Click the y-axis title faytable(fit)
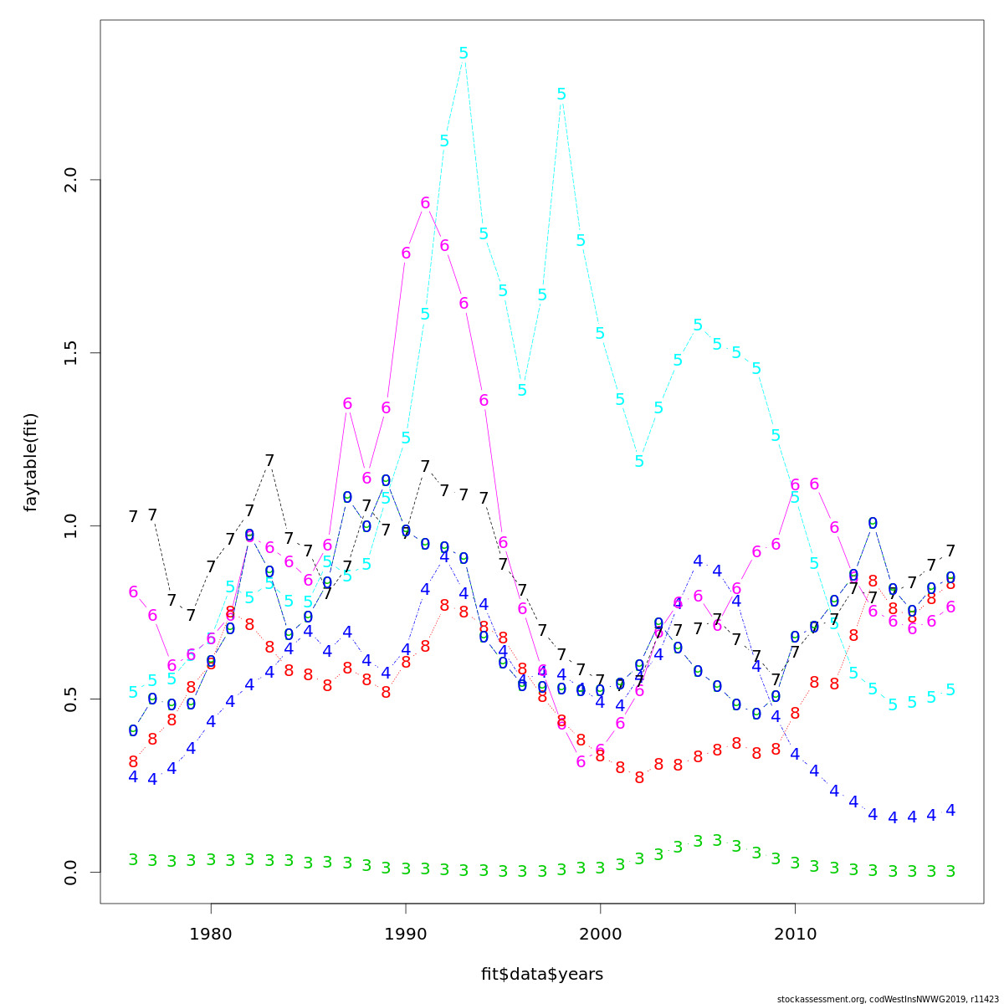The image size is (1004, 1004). (x=31, y=462)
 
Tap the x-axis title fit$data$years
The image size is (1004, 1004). (x=541, y=974)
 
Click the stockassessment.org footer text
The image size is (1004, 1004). (x=888, y=999)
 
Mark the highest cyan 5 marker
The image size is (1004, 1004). (x=464, y=54)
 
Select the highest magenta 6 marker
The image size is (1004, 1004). (x=425, y=203)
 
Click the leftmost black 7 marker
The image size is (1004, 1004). (x=133, y=517)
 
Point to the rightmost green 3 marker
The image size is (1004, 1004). (x=950, y=871)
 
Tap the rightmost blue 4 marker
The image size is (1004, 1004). (x=950, y=811)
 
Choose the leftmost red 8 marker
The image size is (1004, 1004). (x=133, y=762)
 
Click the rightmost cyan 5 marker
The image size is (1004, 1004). (x=950, y=690)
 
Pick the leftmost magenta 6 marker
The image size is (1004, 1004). (x=133, y=592)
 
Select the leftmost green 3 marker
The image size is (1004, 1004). (x=133, y=860)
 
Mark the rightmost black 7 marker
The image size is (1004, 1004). (x=950, y=551)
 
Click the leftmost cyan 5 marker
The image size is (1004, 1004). (x=133, y=692)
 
